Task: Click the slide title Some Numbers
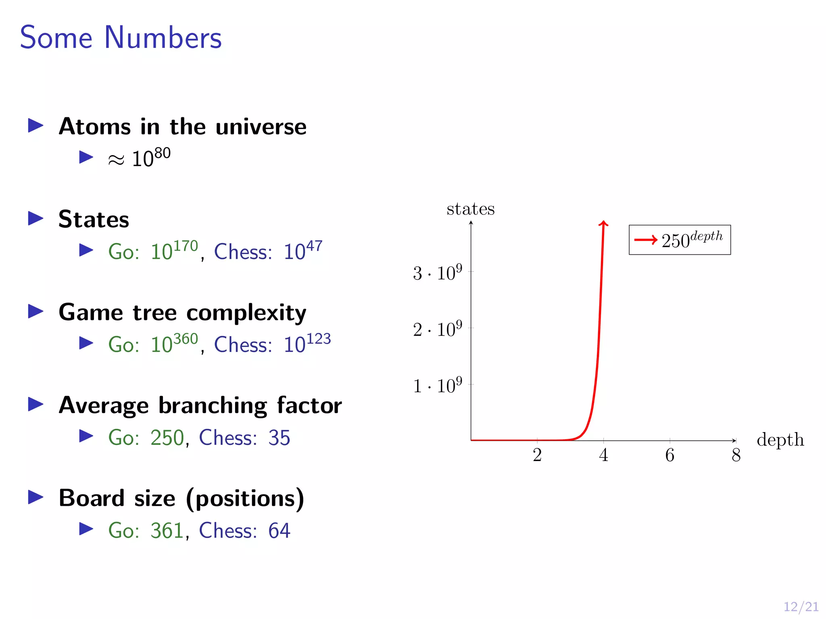tap(121, 37)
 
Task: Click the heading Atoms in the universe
tap(182, 127)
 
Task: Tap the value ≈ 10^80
tap(140, 158)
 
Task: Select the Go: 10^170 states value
tap(153, 251)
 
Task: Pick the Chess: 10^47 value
tap(268, 251)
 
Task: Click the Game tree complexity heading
tap(182, 313)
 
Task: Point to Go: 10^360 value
tap(153, 344)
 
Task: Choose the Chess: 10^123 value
tap(272, 344)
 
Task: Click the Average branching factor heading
tap(200, 405)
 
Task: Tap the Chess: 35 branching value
tap(244, 438)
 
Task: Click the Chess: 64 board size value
tap(244, 530)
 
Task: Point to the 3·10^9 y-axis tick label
tap(437, 273)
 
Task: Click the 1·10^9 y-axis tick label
tap(437, 386)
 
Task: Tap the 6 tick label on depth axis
tap(670, 455)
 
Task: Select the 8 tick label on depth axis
tap(736, 455)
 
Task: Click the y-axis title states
tap(470, 209)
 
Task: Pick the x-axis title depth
tap(780, 440)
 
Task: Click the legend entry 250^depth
tap(680, 240)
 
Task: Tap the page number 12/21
tap(801, 607)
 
